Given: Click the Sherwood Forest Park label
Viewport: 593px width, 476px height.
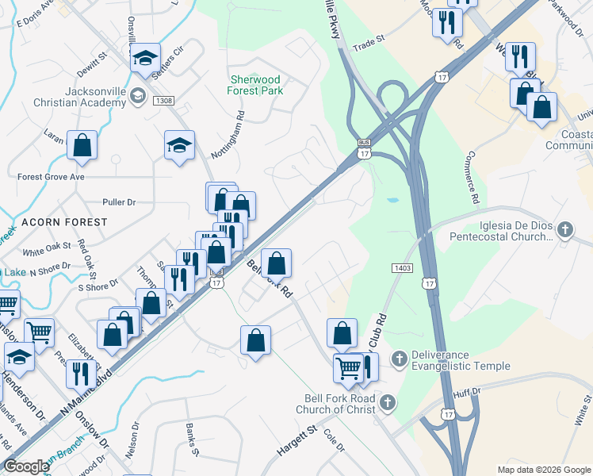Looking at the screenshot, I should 256,85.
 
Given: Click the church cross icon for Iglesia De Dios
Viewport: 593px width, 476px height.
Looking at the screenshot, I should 564,230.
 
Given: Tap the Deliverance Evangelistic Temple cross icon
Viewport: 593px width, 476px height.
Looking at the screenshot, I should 399,360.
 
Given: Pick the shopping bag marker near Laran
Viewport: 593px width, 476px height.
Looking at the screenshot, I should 82,145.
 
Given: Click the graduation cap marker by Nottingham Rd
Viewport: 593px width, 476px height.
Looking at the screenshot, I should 180,145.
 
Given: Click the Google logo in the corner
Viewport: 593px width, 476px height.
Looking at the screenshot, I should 26,466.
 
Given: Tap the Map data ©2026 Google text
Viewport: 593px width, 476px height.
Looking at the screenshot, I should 543,470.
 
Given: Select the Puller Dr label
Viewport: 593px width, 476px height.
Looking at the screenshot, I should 120,202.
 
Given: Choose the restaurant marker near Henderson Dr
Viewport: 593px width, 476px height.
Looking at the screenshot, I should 81,371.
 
